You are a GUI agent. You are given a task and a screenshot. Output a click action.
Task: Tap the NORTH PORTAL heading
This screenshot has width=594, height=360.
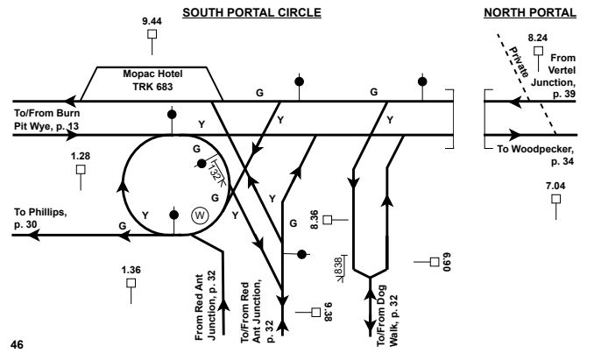click(530, 12)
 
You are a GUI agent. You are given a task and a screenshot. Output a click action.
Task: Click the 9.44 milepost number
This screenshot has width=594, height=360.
click(152, 18)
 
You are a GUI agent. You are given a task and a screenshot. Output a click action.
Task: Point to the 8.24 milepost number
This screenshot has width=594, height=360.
click(537, 39)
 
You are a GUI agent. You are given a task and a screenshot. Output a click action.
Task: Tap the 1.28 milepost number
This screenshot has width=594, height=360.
click(81, 154)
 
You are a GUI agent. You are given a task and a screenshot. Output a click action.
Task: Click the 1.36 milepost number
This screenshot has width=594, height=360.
click(131, 268)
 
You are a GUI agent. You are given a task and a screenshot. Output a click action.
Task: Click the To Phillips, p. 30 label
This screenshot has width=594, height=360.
click(39, 217)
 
